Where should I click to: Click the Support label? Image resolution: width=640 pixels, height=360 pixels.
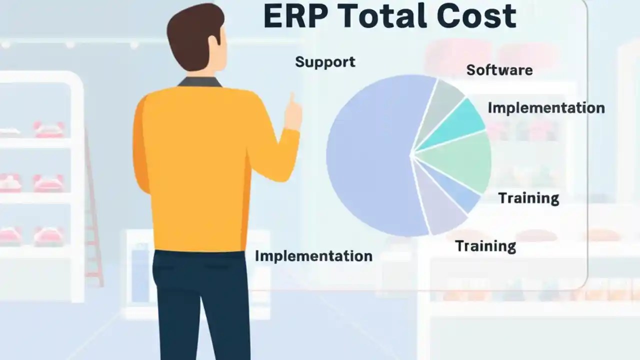click(325, 62)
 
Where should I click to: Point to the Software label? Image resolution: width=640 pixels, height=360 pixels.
click(499, 70)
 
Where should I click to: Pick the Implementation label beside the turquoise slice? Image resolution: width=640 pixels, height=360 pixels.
click(546, 107)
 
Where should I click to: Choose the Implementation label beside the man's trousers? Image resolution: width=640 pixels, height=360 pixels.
click(313, 256)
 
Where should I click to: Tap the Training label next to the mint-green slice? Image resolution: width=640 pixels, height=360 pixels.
click(528, 198)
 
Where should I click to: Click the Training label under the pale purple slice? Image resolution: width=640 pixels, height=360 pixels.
click(485, 246)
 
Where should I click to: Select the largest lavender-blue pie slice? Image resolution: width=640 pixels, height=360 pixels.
click(370, 155)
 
